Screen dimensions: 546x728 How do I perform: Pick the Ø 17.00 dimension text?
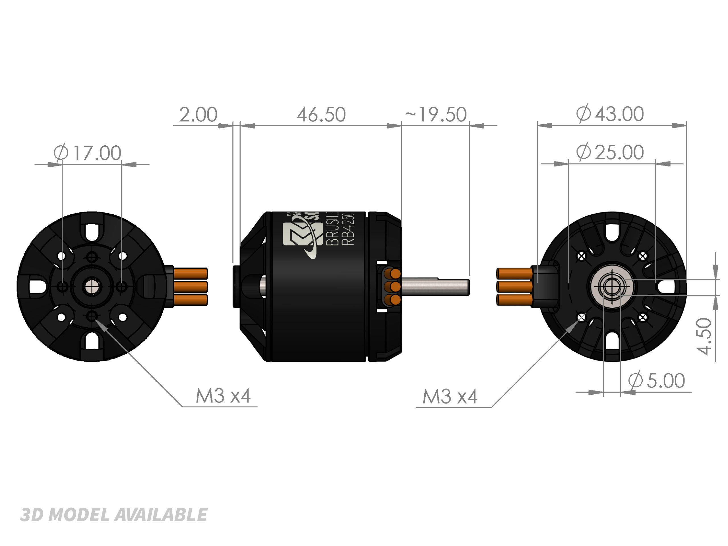[88, 153]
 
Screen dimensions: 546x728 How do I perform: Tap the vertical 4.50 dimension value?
[704, 336]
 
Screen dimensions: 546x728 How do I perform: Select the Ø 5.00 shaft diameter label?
[656, 380]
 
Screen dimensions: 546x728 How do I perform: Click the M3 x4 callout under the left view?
[223, 396]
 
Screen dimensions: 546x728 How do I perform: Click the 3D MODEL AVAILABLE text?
[113, 515]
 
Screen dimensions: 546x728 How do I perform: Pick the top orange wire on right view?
[514, 274]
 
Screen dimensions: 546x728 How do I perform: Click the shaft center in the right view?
[611, 287]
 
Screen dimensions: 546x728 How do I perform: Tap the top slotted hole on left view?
[92, 232]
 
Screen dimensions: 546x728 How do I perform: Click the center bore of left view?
[92, 287]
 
